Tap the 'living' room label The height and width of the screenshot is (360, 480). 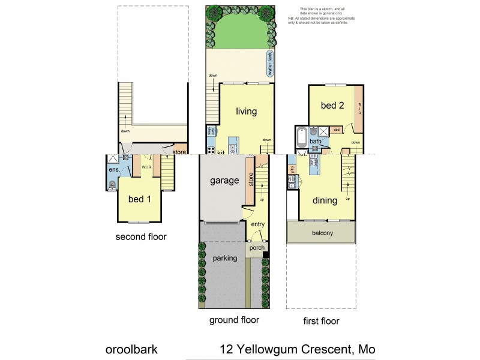246,112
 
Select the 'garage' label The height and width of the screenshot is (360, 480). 220,180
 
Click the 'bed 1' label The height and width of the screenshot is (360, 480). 140,199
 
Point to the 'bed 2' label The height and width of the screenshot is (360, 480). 332,106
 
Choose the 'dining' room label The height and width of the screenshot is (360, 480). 324,201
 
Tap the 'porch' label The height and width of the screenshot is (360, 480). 256,248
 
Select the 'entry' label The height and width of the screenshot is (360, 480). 258,224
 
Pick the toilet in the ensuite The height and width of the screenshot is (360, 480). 112,185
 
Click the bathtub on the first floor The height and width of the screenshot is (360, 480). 302,137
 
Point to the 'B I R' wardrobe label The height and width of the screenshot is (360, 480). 359,109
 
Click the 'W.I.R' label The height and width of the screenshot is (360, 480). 146,167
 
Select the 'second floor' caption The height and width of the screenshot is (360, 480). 141,237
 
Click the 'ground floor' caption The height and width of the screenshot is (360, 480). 234,320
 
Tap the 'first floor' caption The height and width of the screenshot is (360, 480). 320,321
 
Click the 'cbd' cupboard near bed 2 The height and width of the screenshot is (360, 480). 337,130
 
